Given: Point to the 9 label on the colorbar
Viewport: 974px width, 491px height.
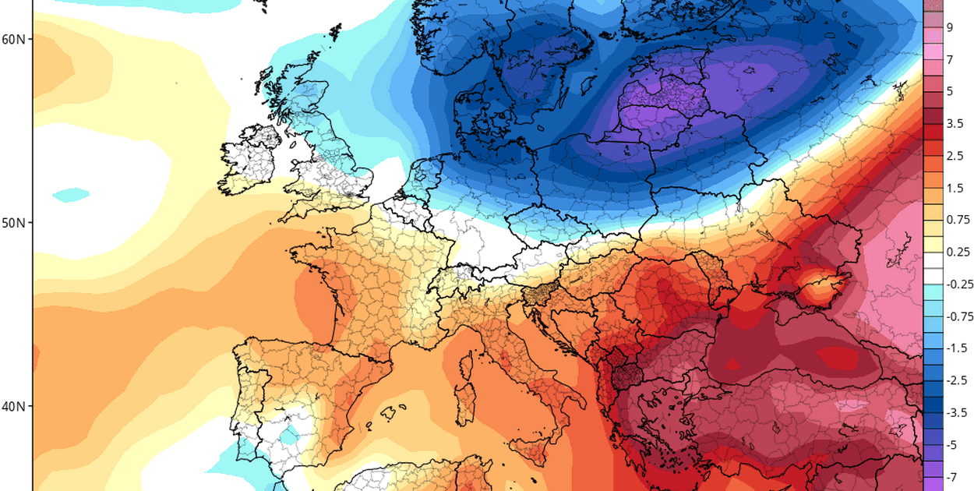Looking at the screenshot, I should click(x=950, y=27).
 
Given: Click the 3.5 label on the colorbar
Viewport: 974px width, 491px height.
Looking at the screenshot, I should click(x=955, y=123).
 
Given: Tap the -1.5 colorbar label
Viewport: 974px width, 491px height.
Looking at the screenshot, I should click(x=957, y=348).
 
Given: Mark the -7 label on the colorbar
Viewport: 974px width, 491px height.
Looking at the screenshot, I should click(x=951, y=476).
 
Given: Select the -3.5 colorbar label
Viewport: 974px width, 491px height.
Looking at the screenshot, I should click(x=957, y=412).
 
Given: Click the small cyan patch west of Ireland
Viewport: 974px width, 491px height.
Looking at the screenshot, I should click(x=72, y=193).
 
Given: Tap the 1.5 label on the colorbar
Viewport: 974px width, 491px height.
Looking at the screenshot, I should click(x=955, y=188).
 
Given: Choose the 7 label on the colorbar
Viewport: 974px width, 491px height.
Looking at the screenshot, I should click(x=950, y=59).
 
